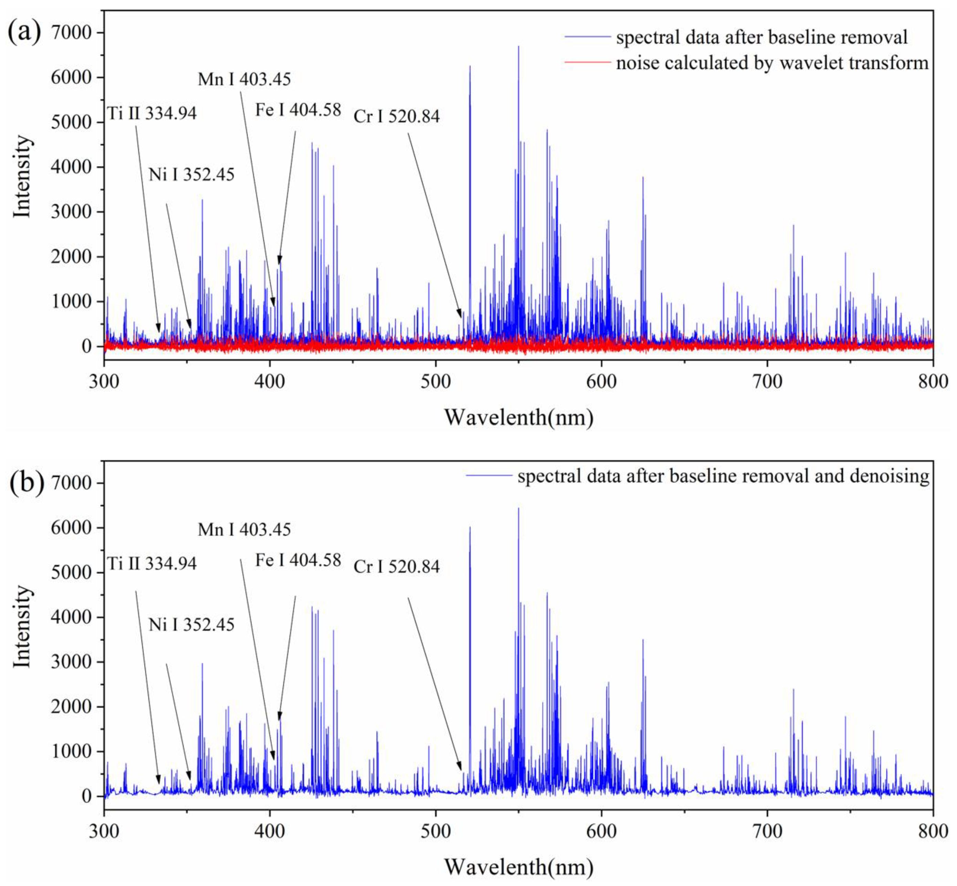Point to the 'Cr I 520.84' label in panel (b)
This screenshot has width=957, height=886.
pos(396,567)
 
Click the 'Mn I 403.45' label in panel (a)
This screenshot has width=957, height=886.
pos(244,79)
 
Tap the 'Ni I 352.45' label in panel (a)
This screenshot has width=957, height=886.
pos(191,175)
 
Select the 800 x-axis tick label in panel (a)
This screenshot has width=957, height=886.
pos(932,381)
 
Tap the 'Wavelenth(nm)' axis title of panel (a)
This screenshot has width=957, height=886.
pos(519,417)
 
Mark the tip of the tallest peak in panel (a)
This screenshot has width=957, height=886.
pos(518,47)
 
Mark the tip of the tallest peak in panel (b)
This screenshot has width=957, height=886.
pos(518,508)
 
